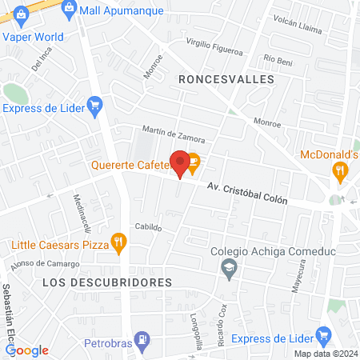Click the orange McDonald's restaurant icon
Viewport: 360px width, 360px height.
tap(340, 170)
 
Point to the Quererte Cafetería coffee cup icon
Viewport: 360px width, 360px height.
tap(194, 166)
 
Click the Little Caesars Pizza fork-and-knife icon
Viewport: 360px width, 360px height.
tap(119, 240)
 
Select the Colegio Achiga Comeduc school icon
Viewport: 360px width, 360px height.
tap(230, 266)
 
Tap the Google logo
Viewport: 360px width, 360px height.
tap(27, 350)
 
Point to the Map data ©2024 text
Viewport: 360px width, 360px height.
tap(325, 354)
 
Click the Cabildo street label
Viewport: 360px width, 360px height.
tap(148, 227)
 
